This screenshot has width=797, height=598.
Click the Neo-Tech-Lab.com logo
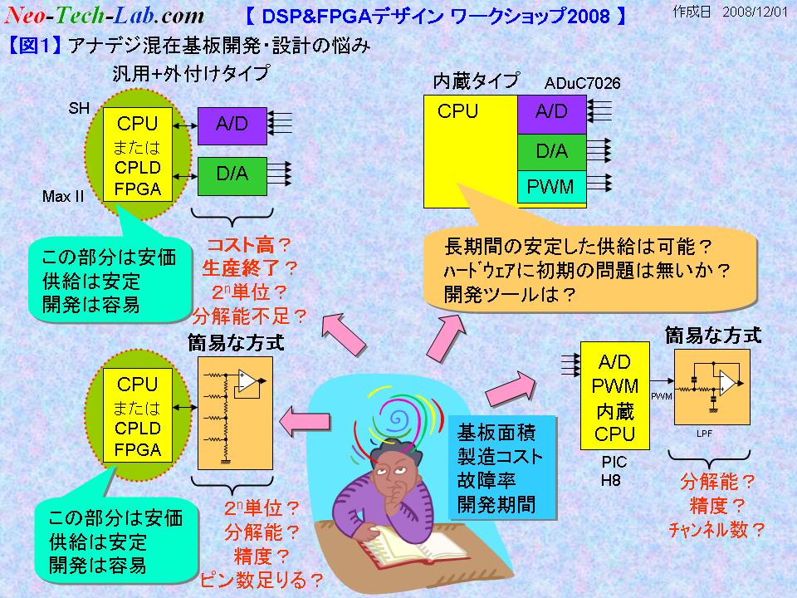tap(105, 15)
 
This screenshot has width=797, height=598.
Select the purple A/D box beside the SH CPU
tap(232, 125)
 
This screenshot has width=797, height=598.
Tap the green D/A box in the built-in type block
tap(551, 152)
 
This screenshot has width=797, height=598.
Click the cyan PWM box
tap(551, 187)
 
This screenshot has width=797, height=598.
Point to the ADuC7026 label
tap(583, 83)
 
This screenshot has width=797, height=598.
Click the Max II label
tap(63, 196)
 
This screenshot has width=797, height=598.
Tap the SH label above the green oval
tap(79, 108)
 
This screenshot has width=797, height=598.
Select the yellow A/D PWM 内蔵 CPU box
tap(615, 395)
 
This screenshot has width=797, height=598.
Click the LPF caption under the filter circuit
tap(704, 434)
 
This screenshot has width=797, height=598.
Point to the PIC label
tap(614, 462)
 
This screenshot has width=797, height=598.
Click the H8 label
tap(610, 480)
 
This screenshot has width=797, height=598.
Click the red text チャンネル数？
tap(716, 530)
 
